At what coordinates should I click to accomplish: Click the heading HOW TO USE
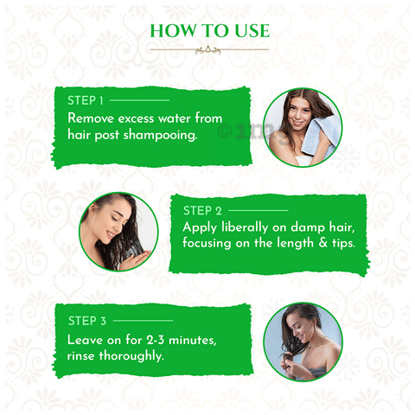(x=210, y=31)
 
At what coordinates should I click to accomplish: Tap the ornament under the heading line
(x=207, y=50)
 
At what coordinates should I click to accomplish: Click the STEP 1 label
(x=85, y=100)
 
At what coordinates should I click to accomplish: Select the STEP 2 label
(x=202, y=211)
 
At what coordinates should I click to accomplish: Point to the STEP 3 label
(x=87, y=321)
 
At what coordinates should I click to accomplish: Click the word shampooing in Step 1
(x=160, y=136)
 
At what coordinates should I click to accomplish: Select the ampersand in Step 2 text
(x=323, y=243)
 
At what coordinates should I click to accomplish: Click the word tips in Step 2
(x=343, y=243)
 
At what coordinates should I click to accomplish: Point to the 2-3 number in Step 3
(x=155, y=341)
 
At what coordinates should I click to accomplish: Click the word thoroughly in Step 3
(x=131, y=356)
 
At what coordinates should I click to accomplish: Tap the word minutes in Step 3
(x=192, y=341)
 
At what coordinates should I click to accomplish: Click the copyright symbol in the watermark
(x=225, y=131)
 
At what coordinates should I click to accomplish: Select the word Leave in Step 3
(x=86, y=341)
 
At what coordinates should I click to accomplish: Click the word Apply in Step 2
(x=200, y=227)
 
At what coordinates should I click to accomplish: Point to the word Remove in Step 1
(x=91, y=118)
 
